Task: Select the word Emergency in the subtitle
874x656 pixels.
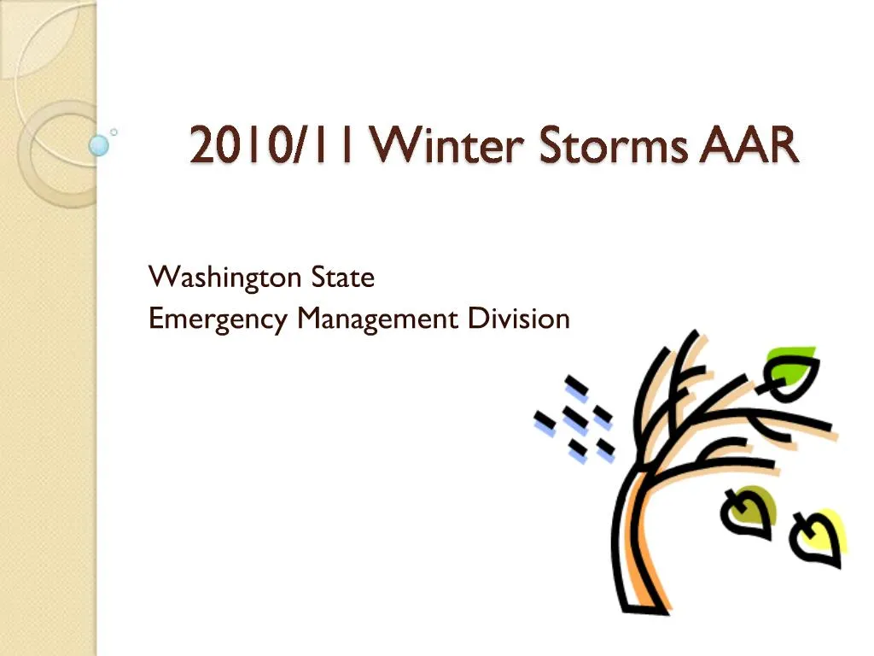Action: (218, 319)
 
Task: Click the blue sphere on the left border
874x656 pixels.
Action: (100, 145)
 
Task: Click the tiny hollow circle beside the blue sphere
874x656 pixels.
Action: (114, 132)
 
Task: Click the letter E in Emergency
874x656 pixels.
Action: (155, 319)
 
